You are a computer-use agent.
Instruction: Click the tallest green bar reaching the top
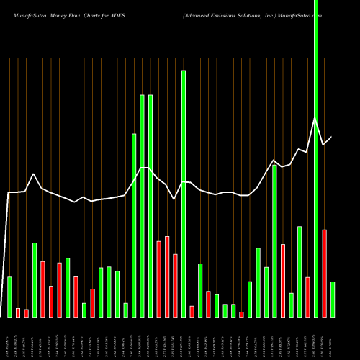pos(315,158)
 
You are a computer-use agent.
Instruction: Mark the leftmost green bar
pos(9,297)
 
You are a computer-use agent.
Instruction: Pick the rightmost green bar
pos(333,299)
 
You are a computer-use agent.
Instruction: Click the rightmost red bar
pos(324,273)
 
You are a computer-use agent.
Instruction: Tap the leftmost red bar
pos(18,312)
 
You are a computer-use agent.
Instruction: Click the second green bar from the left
pos(35,279)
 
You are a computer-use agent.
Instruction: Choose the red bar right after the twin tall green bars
pos(158,279)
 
